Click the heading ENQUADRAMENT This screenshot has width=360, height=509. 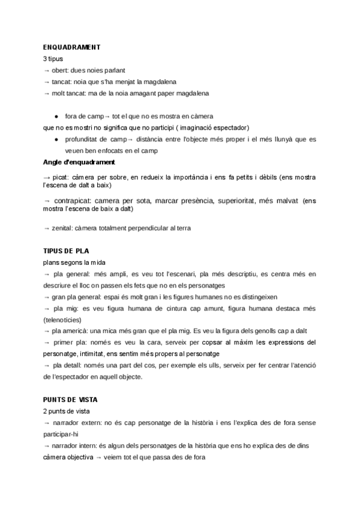click(x=71, y=47)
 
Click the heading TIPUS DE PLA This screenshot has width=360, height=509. click(x=66, y=250)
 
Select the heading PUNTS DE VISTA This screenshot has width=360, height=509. click(x=70, y=399)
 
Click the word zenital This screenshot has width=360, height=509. click(x=63, y=228)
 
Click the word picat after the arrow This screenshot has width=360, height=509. click(x=60, y=178)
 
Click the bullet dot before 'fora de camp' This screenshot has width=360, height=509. click(x=56, y=116)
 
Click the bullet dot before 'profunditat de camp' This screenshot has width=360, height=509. click(x=56, y=139)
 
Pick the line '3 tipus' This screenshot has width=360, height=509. click(x=53, y=59)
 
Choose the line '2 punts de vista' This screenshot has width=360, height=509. click(x=66, y=411)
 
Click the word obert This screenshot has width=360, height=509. click(x=61, y=70)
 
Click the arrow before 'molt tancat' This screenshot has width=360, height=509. click(x=46, y=93)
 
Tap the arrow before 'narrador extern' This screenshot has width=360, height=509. click(x=46, y=423)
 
